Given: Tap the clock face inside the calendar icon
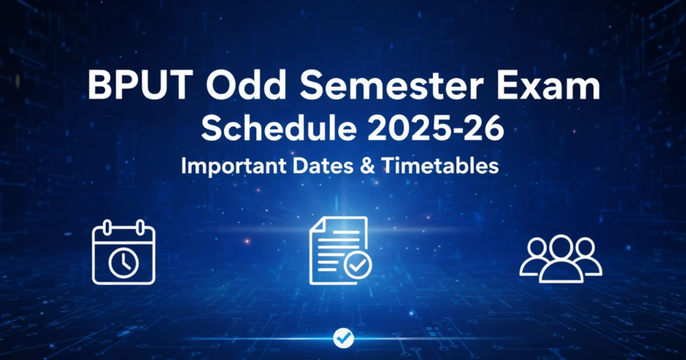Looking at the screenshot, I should [123, 263].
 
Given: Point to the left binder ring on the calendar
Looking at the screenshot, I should [107, 228].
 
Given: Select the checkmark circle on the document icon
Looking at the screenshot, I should [358, 265].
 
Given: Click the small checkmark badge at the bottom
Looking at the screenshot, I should [344, 338].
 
